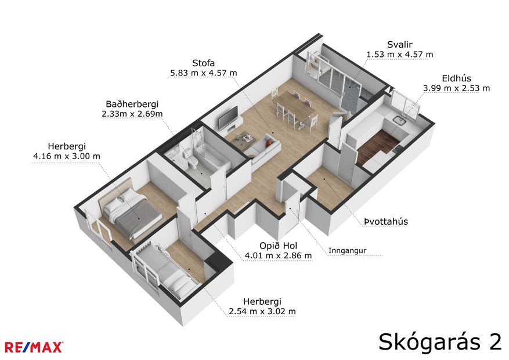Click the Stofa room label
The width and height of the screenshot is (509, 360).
click(x=203, y=63)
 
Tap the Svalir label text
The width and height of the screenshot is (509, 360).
click(x=399, y=45)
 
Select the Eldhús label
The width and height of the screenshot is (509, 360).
click(x=456, y=78)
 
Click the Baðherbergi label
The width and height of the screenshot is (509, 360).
click(x=132, y=104)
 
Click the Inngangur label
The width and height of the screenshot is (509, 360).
click(x=347, y=251)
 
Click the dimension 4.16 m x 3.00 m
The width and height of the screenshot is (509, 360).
click(x=67, y=156)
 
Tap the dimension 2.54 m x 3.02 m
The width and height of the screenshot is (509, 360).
click(x=262, y=311)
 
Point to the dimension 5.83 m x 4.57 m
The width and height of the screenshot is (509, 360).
click(x=203, y=73)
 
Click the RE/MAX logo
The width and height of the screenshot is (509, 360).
click(x=34, y=347)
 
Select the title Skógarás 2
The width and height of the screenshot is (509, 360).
click(x=440, y=341)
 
